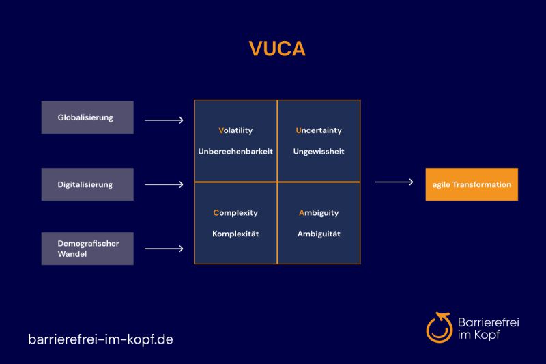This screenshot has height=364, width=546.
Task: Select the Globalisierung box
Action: click(87, 117)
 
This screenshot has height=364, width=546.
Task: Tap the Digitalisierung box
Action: click(87, 184)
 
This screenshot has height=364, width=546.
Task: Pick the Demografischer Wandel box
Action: click(87, 249)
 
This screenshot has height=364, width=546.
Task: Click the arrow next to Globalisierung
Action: click(164, 121)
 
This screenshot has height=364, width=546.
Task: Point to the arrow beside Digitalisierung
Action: click(164, 184)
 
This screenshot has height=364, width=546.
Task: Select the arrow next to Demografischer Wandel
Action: click(164, 249)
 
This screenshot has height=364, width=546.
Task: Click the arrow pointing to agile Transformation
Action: click(394, 182)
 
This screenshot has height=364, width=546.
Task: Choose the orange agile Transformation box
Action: click(472, 184)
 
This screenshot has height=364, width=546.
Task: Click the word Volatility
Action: click(235, 130)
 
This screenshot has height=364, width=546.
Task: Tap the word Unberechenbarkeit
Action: click(235, 152)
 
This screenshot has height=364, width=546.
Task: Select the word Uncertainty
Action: click(319, 130)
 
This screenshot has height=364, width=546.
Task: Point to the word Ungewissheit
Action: click(319, 152)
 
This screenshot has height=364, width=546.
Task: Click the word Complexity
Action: click(235, 213)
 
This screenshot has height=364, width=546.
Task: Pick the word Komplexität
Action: click(235, 234)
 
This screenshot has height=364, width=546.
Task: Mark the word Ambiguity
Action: click(319, 213)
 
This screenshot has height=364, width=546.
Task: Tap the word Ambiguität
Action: click(319, 234)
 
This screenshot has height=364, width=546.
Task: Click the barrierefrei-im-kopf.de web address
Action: click(100, 339)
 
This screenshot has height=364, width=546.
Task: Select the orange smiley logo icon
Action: click(440, 327)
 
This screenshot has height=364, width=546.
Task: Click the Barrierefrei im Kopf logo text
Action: click(488, 328)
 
